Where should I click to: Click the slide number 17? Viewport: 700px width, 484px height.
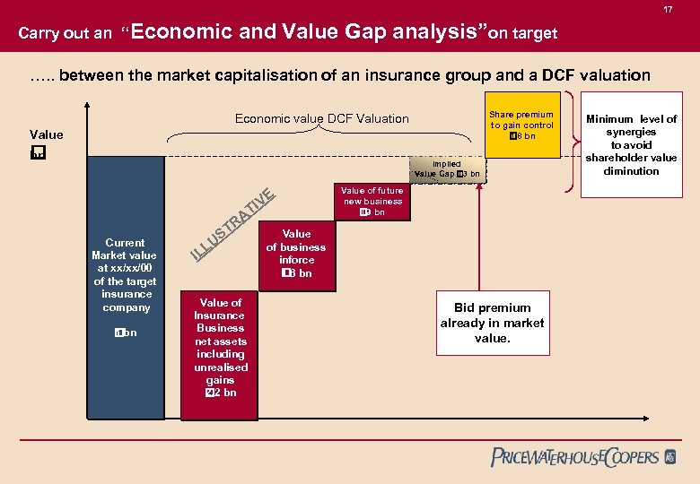pyautogui.click(x=669, y=10)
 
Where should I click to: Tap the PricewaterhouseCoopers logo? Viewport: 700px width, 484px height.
pyautogui.click(x=583, y=457)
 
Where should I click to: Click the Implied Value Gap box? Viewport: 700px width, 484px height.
pyautogui.click(x=446, y=169)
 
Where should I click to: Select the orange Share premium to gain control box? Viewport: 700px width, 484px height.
pyautogui.click(x=521, y=125)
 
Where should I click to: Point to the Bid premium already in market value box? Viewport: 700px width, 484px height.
pyautogui.click(x=492, y=323)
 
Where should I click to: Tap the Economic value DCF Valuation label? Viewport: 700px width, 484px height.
pyautogui.click(x=321, y=118)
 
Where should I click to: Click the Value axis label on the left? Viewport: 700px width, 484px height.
pyautogui.click(x=47, y=135)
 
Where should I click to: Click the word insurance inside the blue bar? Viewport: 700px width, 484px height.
pyautogui.click(x=127, y=294)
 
